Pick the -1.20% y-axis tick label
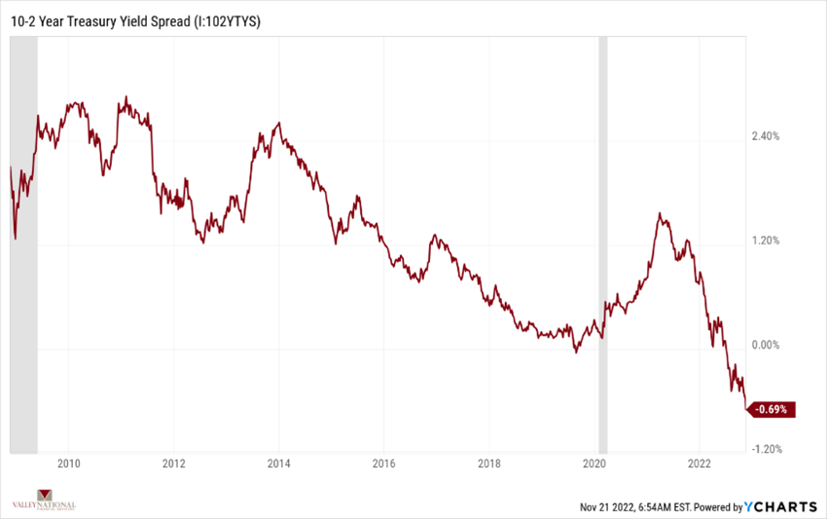coord(768,449)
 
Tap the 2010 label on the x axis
coord(68,463)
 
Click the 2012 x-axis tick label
coord(173,463)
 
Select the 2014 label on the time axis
coord(279,463)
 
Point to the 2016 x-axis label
coord(384,463)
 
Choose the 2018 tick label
coord(489,463)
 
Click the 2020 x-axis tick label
coord(595,463)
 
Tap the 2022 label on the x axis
coord(701,463)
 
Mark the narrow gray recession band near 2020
coord(603,243)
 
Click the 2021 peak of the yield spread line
coord(660,213)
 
